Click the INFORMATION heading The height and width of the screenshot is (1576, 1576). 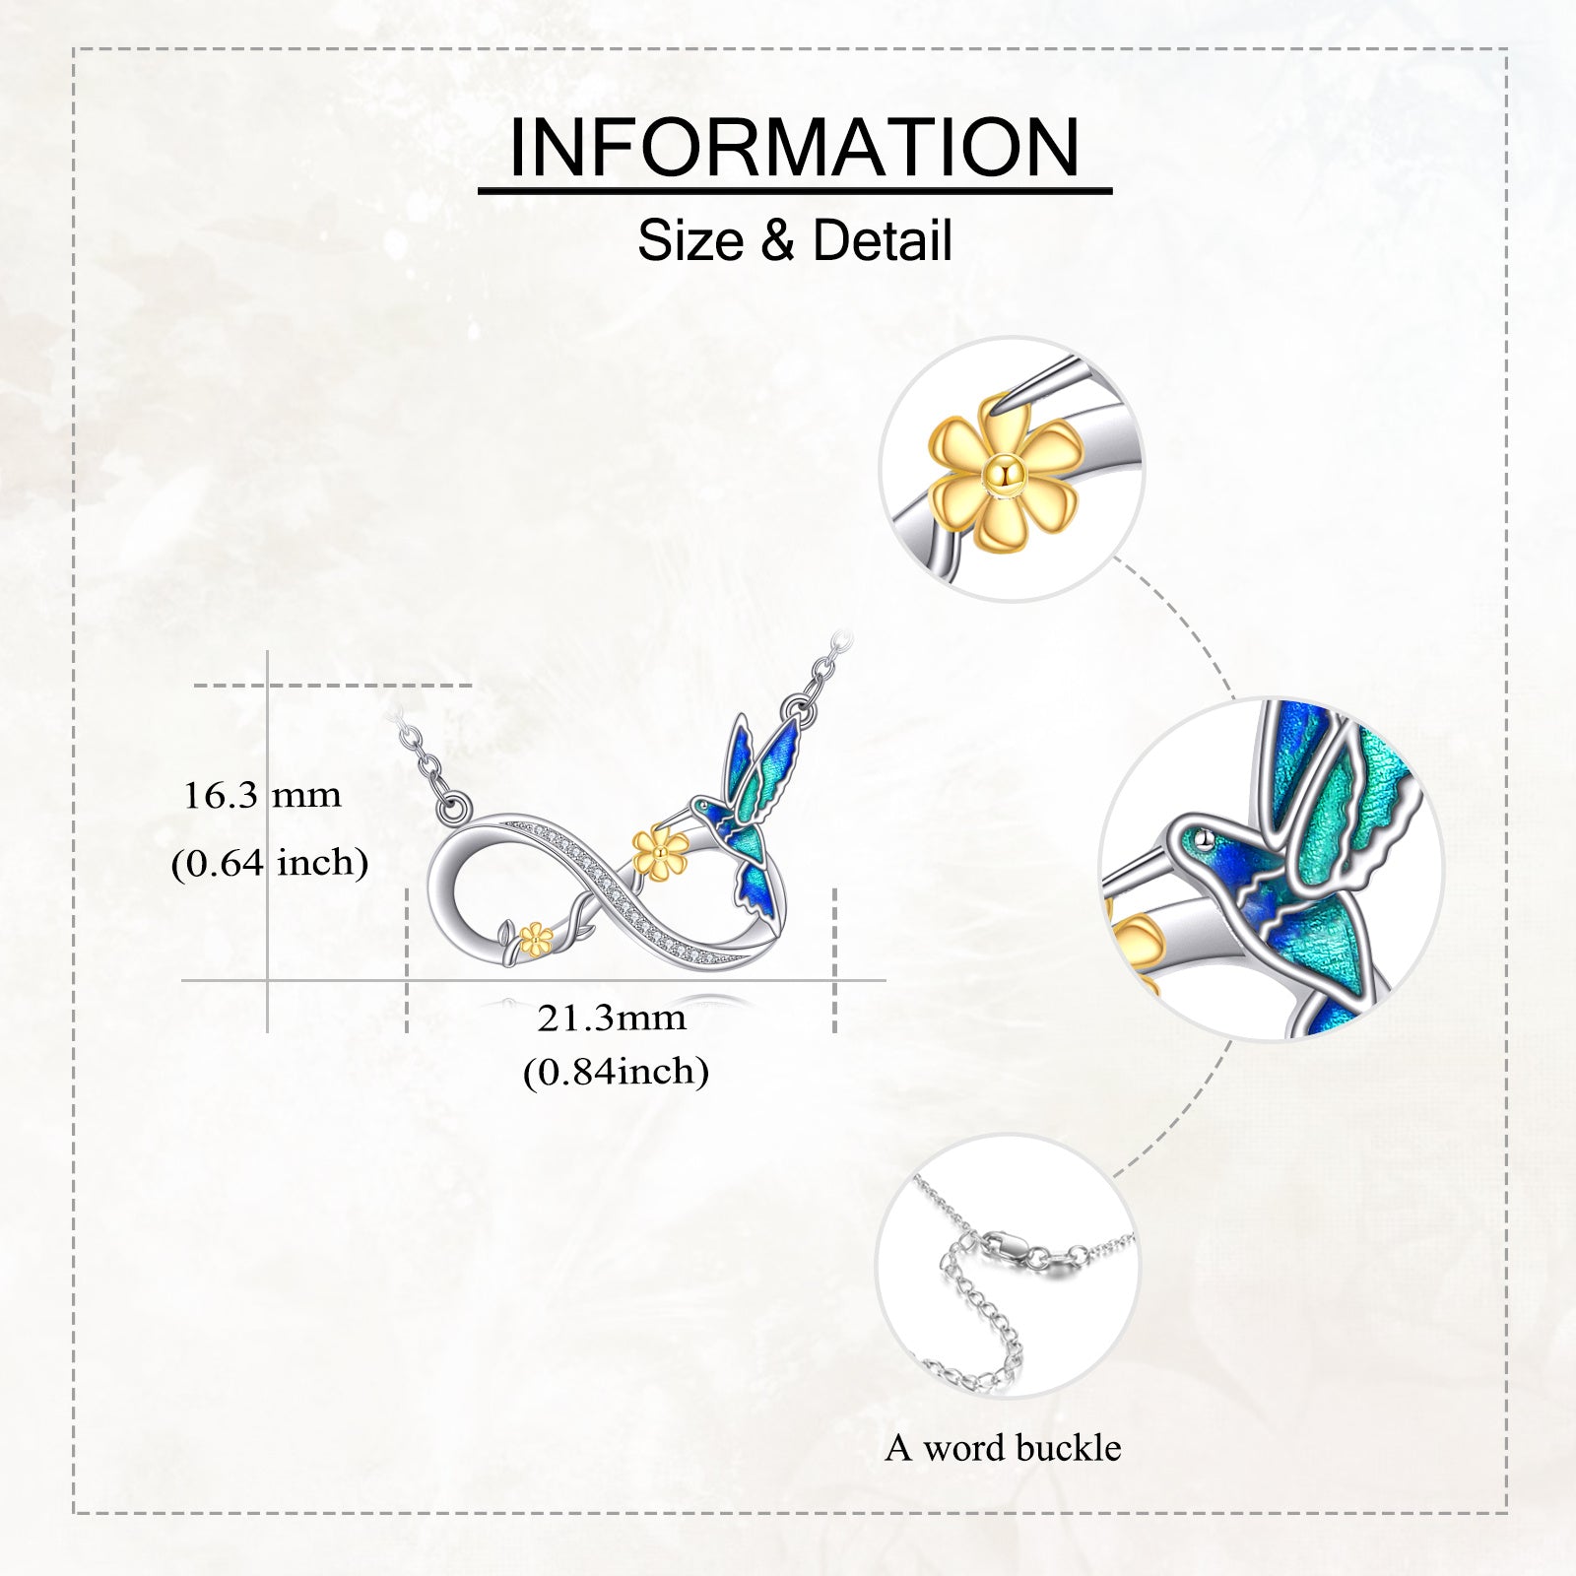coord(794,148)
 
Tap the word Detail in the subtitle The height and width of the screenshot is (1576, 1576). coord(883,240)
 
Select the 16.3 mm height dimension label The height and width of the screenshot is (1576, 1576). coord(262,795)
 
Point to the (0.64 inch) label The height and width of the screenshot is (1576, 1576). coord(270,863)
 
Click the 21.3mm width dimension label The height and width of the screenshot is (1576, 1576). coord(612,1018)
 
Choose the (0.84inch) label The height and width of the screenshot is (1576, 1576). coord(616,1072)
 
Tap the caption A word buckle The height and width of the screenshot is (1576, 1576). coord(1003,1448)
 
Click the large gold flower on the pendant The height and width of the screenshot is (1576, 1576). coord(660,852)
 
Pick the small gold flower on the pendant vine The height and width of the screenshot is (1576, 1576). coord(533,939)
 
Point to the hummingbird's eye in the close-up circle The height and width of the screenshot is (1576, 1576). coord(1203,838)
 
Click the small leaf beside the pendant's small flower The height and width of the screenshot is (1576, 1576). coord(506,931)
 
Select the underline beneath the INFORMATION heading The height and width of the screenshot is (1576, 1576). coord(795,190)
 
